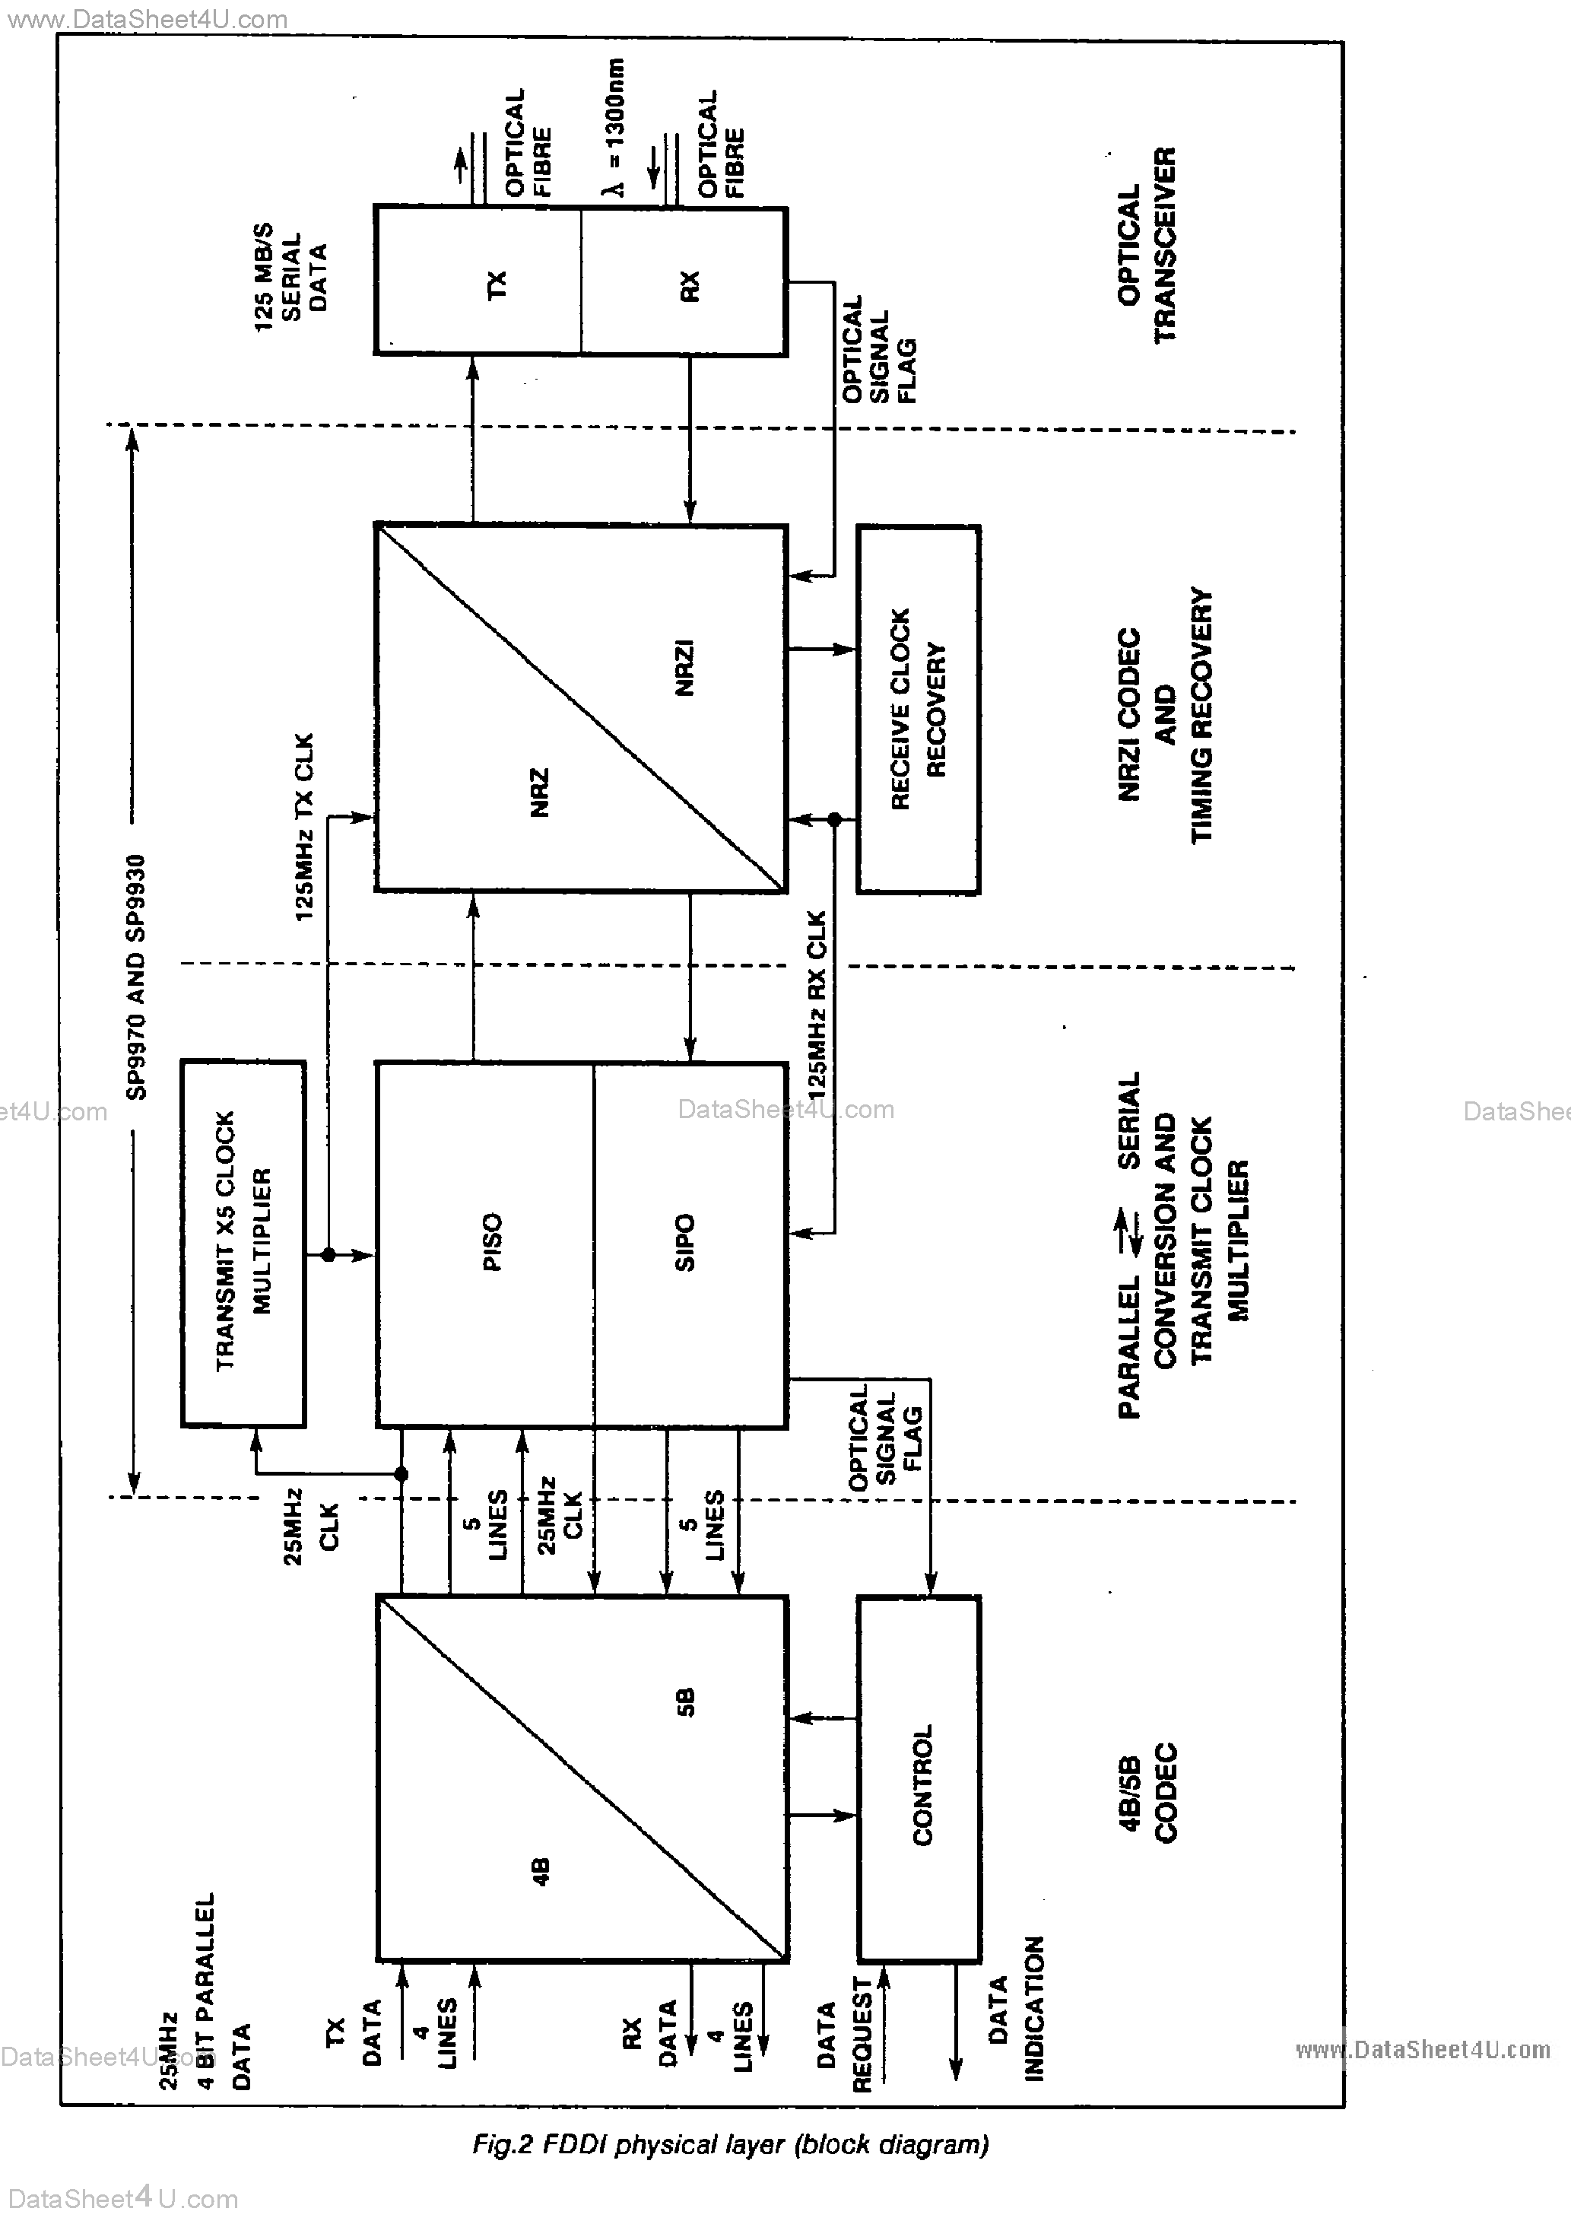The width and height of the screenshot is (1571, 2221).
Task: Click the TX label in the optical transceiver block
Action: [495, 284]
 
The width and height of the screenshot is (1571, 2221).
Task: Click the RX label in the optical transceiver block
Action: [689, 284]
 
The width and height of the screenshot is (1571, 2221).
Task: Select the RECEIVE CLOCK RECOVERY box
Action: [917, 709]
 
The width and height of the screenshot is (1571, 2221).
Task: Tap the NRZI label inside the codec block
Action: [684, 668]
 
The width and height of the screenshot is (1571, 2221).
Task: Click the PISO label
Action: [491, 1241]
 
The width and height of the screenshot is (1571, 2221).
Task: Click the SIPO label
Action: [684, 1242]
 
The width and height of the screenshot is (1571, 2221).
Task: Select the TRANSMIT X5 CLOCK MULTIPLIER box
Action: [244, 1242]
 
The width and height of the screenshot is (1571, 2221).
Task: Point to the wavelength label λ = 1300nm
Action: [615, 126]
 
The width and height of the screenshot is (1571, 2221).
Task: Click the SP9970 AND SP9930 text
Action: [136, 977]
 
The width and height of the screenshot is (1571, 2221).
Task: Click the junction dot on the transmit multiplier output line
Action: [329, 1253]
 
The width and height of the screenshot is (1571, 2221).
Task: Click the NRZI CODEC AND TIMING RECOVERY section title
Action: [1165, 715]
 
